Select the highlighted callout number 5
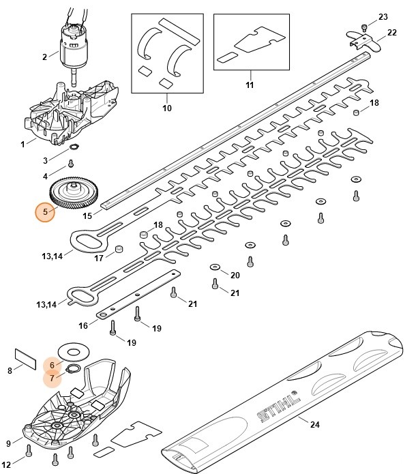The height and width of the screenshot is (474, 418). [x=46, y=212]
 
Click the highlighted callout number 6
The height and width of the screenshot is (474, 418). [x=51, y=366]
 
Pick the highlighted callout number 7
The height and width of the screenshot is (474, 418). [x=51, y=378]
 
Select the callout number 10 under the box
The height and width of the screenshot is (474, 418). [x=166, y=107]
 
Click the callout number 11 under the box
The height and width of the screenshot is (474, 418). [x=250, y=85]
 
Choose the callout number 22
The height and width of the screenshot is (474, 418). [x=391, y=32]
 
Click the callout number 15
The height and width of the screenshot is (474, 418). [x=87, y=216]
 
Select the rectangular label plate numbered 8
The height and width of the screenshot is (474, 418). [x=25, y=359]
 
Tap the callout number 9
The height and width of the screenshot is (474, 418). [x=9, y=443]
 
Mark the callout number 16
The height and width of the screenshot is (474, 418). [x=83, y=325]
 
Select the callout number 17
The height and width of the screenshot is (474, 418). [x=99, y=258]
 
